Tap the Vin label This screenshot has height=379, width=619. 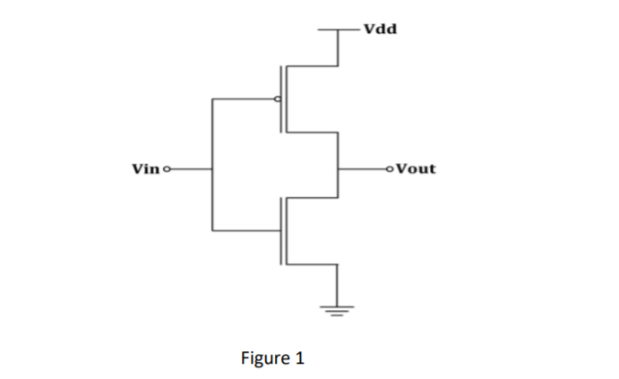point(144,168)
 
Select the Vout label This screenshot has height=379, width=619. point(416,168)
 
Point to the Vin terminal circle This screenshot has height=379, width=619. point(164,168)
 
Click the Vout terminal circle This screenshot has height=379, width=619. point(390,168)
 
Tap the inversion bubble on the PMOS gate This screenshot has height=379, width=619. point(279,99)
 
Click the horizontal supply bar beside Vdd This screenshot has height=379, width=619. point(337,30)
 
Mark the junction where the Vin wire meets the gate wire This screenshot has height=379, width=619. point(211,168)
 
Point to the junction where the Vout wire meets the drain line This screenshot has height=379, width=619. point(337,168)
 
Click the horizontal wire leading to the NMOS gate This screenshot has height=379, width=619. point(246,230)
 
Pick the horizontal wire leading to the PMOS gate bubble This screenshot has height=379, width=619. point(242,99)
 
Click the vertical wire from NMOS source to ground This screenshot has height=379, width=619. point(337,285)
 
